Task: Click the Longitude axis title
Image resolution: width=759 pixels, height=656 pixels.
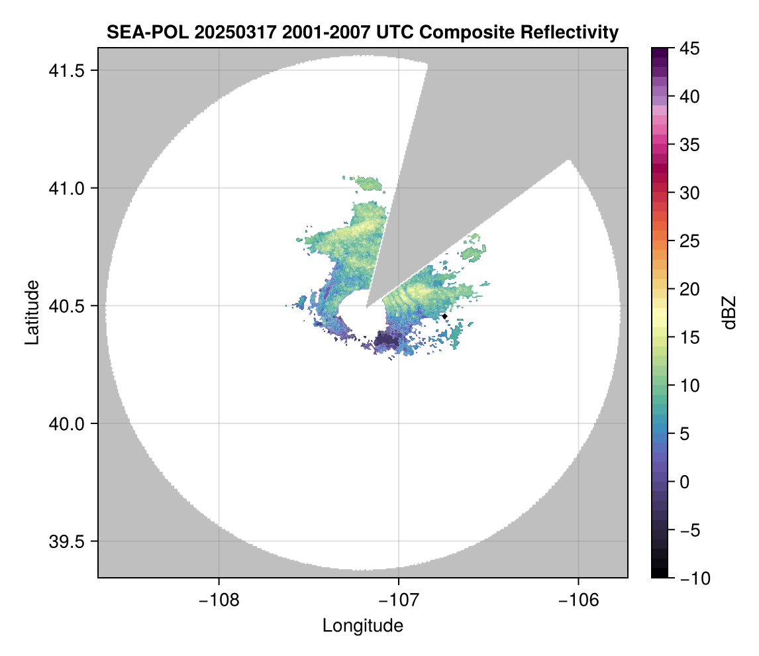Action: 363,626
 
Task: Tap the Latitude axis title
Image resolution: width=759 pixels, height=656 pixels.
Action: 32,312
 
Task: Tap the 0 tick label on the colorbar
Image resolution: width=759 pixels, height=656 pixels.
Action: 684,482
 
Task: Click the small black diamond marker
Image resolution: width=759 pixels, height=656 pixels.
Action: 444,316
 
